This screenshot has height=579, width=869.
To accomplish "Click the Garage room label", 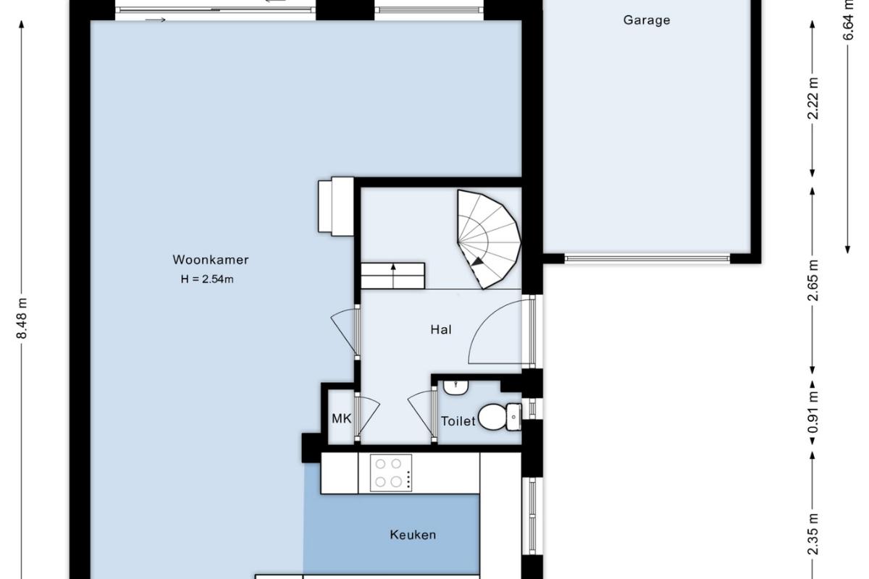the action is point(646,20).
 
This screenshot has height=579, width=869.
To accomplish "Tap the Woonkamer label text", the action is point(210,259).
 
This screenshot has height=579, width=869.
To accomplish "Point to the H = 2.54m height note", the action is point(207,279).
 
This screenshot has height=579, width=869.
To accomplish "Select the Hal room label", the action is point(441,329).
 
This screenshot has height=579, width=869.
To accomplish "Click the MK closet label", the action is point(341,418).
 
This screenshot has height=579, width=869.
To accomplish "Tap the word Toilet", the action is point(458,421).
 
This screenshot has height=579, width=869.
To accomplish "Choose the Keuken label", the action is point(413,535).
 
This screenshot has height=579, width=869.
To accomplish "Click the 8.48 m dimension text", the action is point(22,318).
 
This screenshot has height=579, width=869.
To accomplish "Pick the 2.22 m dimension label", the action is point(813,98).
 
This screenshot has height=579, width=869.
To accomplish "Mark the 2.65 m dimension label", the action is point(813,280).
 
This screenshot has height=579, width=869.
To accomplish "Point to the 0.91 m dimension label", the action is point(813,412).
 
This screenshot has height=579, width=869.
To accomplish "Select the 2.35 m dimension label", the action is point(813,534).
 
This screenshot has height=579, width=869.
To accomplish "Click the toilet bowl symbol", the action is point(500,417).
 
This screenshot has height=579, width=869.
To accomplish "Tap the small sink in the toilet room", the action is point(456,387).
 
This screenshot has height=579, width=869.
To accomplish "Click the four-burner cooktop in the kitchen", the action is point(391,473).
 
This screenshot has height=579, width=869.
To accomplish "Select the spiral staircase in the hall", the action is point(489,240).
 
